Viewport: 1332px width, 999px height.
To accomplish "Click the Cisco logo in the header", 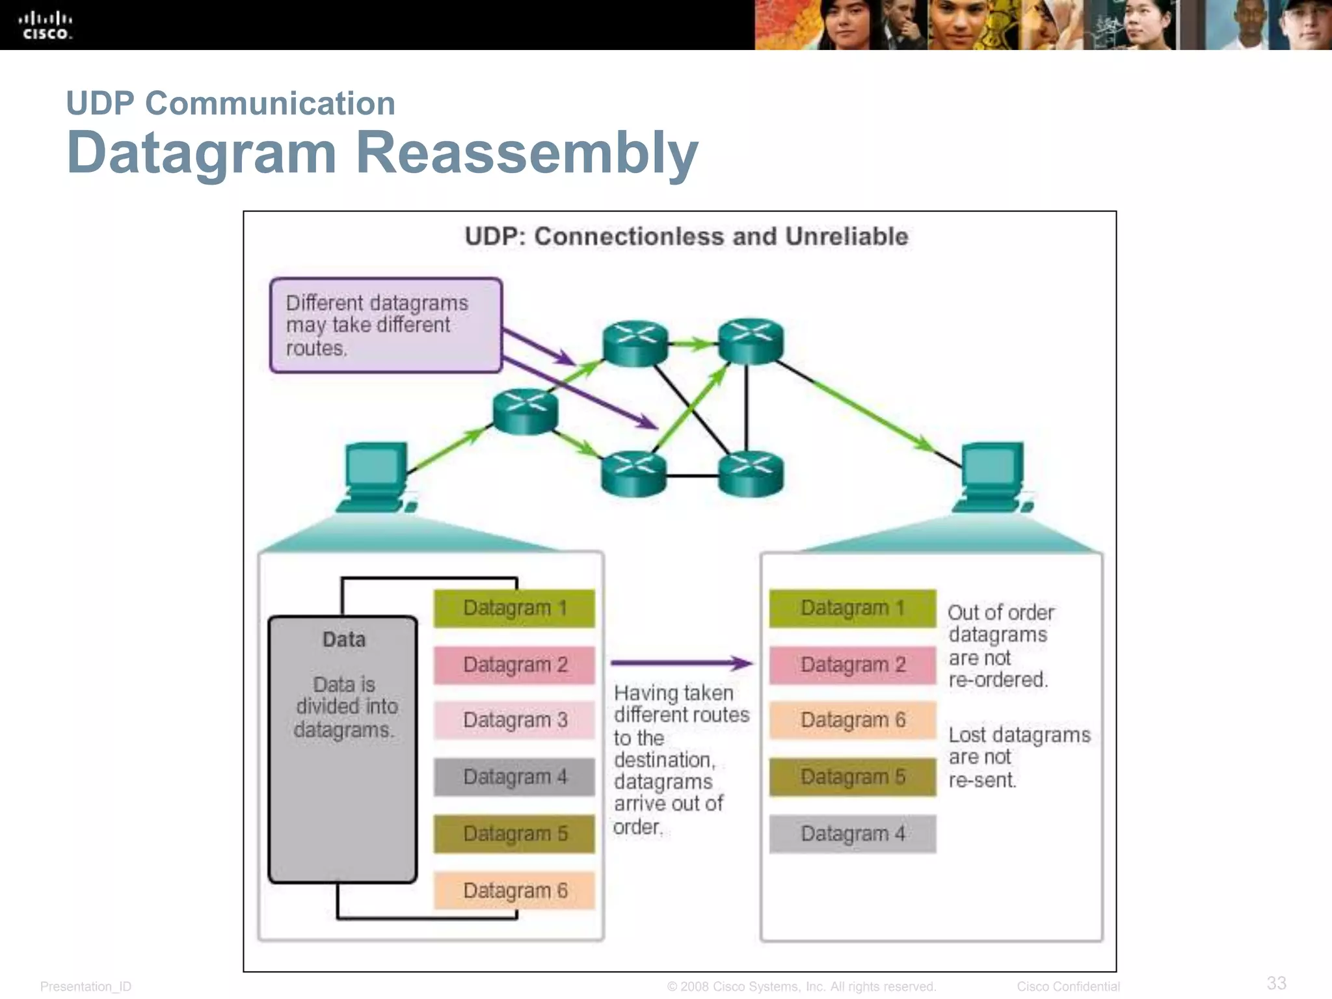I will [x=45, y=25].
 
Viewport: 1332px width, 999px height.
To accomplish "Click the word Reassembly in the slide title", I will [x=527, y=153].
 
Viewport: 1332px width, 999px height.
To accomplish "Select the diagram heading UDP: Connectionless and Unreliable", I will [x=686, y=236].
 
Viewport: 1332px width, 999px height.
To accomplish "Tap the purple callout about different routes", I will [x=386, y=325].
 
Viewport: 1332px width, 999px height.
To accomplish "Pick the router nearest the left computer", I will [x=525, y=411].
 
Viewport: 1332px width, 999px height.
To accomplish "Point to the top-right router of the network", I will [x=751, y=341].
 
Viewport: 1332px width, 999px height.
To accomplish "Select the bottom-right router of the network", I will [x=751, y=474].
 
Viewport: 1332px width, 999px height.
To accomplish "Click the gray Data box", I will [x=343, y=748].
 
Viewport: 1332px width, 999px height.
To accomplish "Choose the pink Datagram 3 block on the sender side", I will [x=514, y=720].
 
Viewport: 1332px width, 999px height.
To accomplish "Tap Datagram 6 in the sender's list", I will [x=514, y=890].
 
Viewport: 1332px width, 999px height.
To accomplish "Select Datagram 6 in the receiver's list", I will [x=852, y=720].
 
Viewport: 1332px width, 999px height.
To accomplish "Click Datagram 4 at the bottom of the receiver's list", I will [x=852, y=834].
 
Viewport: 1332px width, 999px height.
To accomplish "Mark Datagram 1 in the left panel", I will [x=514, y=608].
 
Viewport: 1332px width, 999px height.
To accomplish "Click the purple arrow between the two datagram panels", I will [x=680, y=663].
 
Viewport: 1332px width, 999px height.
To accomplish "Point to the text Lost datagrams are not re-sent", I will [x=1018, y=757].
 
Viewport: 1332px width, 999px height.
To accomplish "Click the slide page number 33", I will [x=1276, y=983].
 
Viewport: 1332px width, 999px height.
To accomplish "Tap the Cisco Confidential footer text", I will [x=1068, y=987].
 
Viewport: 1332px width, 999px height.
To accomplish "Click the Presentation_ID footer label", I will [x=86, y=987].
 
